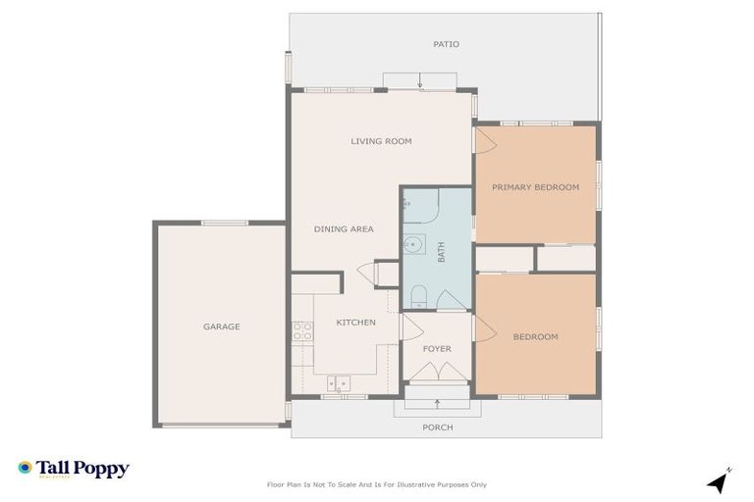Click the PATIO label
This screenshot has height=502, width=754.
446,44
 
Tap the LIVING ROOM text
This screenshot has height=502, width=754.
381,141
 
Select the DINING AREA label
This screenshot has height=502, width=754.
344,229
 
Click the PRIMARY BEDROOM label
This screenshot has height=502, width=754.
535,187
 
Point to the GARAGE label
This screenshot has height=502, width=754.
222,326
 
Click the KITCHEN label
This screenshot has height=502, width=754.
355,323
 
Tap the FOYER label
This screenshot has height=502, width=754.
437,348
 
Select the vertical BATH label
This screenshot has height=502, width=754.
441,252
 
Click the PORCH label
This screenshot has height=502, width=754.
438,427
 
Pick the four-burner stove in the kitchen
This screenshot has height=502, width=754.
301,330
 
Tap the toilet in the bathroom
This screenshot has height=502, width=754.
417,296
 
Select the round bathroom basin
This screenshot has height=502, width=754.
415,246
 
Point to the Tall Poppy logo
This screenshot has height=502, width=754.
74,469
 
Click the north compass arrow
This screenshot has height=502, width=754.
719,480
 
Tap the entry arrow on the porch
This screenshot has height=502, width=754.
437,403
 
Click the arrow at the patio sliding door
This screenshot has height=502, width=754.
420,82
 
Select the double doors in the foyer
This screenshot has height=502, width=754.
436,372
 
